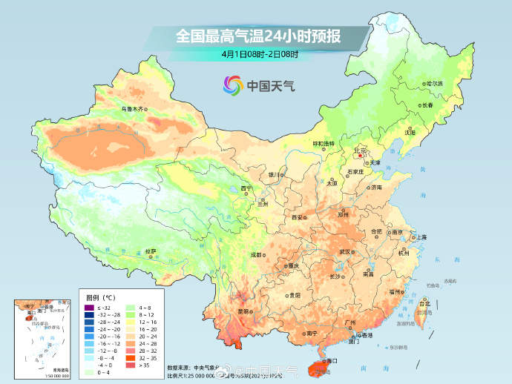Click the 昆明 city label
(243, 311)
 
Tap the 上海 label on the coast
(421, 237)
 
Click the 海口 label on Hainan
(331, 361)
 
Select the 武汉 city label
(344, 252)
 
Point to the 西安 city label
(298, 217)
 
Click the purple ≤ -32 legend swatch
(89, 308)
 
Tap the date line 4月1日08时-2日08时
(259, 53)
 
